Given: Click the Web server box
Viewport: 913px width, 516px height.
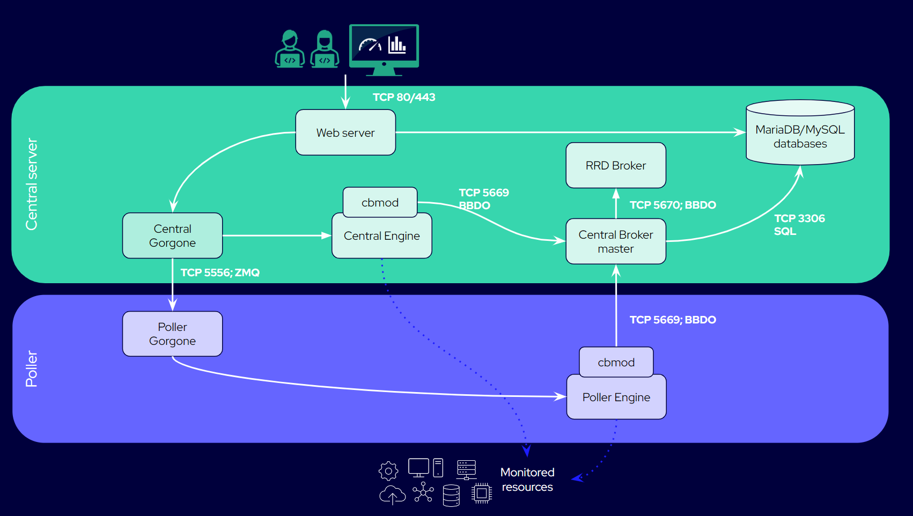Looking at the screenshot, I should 345,132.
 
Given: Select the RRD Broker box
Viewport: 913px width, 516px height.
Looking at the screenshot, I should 616,165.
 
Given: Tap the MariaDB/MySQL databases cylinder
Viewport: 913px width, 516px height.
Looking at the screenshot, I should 800,134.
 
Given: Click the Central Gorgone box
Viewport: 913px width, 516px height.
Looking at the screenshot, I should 172,236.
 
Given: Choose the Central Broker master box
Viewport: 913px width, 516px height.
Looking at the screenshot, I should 616,241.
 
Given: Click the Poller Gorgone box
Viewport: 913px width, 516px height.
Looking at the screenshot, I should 172,334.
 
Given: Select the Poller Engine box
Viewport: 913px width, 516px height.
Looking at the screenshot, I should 616,397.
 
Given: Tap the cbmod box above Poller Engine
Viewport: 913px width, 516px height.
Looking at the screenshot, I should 616,362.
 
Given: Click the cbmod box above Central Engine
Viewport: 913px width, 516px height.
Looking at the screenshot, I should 380,202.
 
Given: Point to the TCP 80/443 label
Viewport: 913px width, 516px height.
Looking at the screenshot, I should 404,97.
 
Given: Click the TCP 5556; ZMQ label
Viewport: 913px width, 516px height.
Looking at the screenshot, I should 220,272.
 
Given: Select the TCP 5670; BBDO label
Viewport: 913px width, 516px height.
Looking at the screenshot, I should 673,205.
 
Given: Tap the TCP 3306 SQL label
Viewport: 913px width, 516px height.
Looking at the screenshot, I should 799,225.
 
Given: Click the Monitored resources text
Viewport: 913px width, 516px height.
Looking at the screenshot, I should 527,480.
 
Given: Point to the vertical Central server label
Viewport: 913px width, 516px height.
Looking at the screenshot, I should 32,184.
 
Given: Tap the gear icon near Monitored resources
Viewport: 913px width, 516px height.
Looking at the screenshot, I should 388,471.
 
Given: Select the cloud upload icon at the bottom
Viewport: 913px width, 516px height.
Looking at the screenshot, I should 392,495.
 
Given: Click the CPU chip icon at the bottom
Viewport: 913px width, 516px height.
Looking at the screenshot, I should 482,493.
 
